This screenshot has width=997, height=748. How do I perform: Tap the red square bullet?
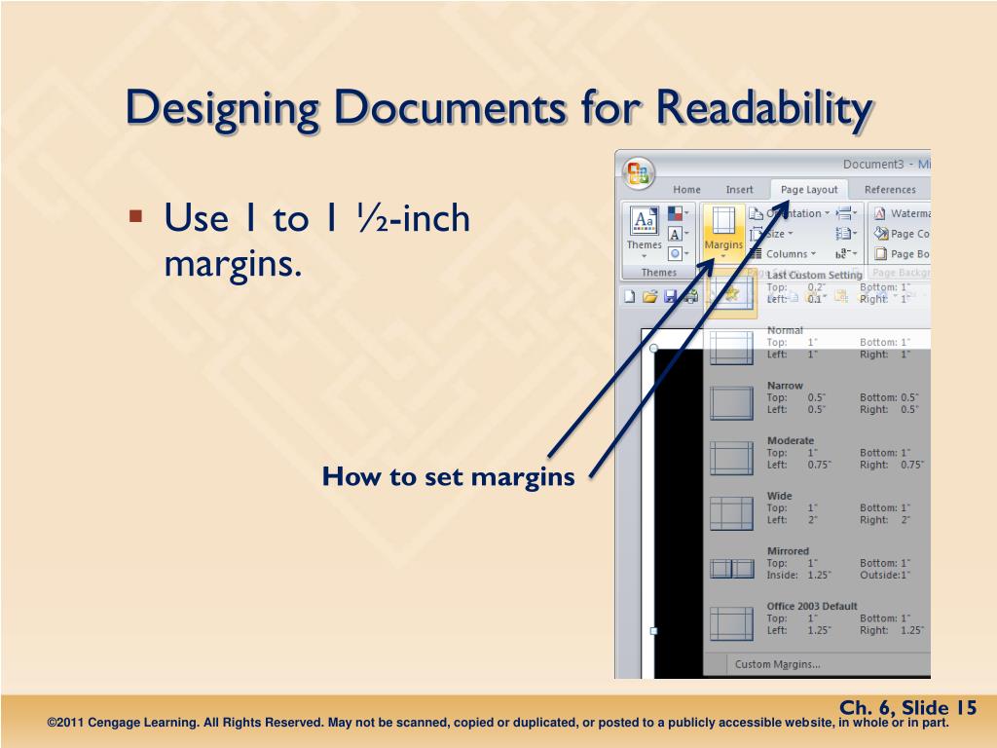pyautogui.click(x=136, y=215)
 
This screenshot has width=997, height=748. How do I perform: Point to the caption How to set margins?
pyautogui.click(x=449, y=477)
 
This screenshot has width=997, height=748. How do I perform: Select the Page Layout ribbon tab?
pyautogui.click(x=808, y=189)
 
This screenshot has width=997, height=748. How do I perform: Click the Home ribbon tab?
pyautogui.click(x=686, y=189)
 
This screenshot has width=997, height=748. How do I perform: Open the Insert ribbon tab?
pyautogui.click(x=739, y=189)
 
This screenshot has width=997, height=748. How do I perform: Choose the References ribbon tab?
pyautogui.click(x=890, y=189)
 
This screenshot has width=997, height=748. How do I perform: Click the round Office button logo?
pyautogui.click(x=640, y=173)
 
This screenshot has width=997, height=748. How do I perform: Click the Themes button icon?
pyautogui.click(x=644, y=229)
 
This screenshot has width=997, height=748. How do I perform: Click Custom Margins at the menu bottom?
pyautogui.click(x=777, y=664)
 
